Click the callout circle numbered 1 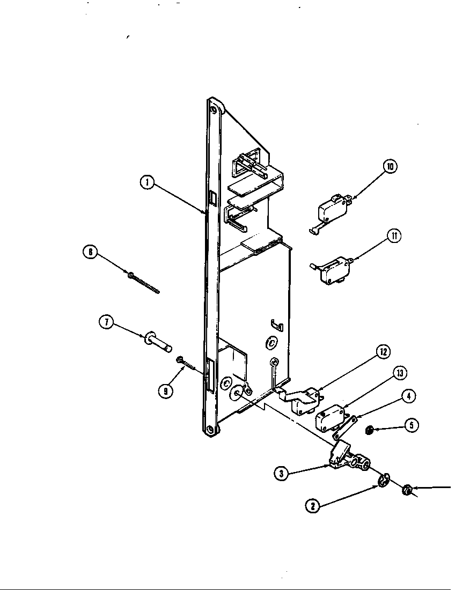coord(146,183)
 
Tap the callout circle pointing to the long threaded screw coord(91,252)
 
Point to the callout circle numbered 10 coord(390,167)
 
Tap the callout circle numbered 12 coord(383,352)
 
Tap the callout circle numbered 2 coord(313,505)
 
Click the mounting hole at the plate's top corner coord(214,110)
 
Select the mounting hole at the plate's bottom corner coord(209,429)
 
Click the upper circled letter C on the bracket coord(271,341)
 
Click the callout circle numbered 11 coord(394,236)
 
